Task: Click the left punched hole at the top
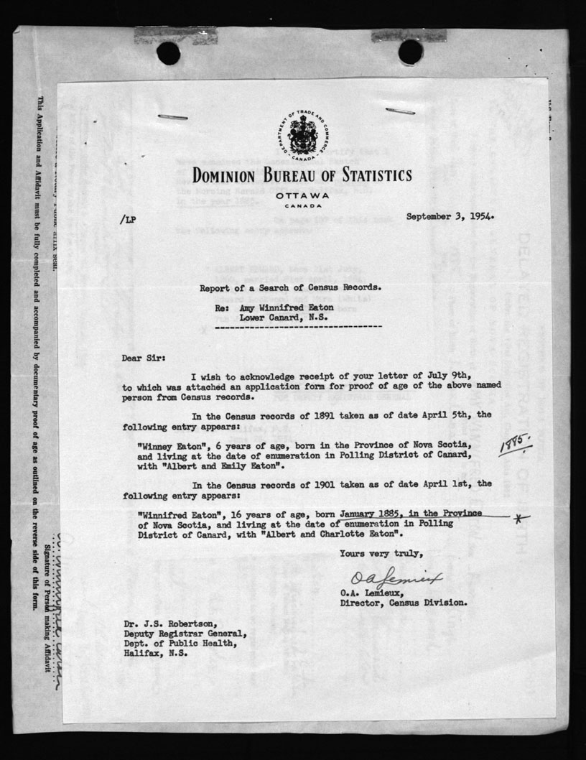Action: click(x=168, y=52)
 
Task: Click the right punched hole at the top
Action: click(x=410, y=51)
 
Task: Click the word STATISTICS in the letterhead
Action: click(x=369, y=175)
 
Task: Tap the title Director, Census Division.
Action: click(x=404, y=603)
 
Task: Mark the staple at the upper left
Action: click(x=172, y=116)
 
